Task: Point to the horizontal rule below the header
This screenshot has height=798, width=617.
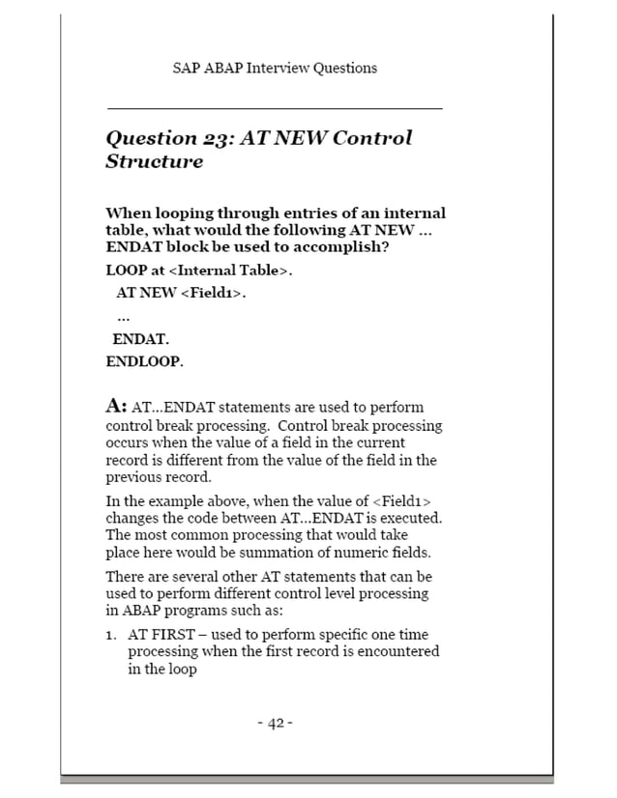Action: coord(274,108)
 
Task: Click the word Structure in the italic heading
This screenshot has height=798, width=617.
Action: coord(154,161)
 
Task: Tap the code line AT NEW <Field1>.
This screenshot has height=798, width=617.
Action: coord(181,293)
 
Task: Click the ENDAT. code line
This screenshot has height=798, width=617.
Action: coord(140,339)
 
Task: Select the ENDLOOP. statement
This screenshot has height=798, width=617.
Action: coord(144,362)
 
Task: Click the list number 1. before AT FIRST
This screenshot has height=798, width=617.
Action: coord(112,635)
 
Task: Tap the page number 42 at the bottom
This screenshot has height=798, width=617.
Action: coord(275,724)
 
